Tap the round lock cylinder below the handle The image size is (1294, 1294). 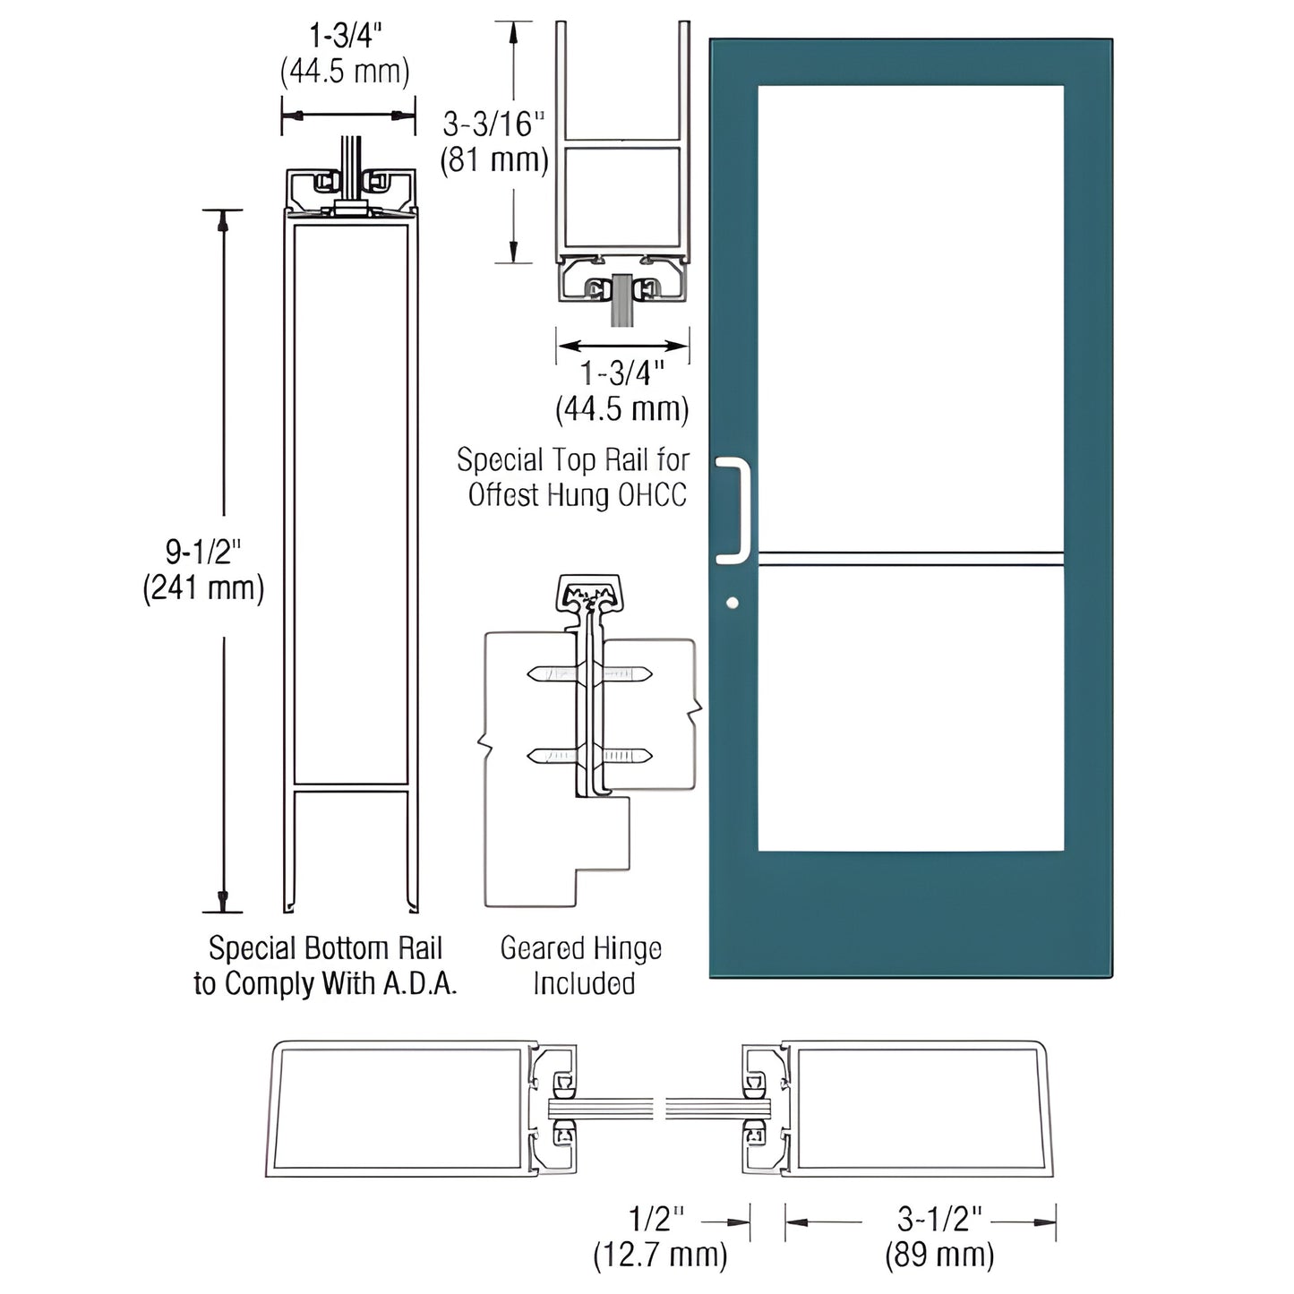(x=733, y=603)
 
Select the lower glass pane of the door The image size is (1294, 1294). (x=911, y=707)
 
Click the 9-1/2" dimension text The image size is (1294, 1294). (x=204, y=553)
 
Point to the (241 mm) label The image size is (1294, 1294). (x=204, y=588)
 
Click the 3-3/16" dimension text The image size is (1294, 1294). (x=493, y=124)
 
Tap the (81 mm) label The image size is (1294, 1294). (x=493, y=160)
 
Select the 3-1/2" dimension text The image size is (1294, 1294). (x=939, y=1219)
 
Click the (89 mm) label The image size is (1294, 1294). (x=939, y=1255)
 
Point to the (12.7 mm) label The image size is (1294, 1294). (x=660, y=1255)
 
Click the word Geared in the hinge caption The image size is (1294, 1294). (x=536, y=948)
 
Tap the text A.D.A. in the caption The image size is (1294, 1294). (x=421, y=984)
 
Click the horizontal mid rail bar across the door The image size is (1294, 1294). (x=911, y=559)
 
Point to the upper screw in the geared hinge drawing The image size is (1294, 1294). (x=590, y=673)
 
